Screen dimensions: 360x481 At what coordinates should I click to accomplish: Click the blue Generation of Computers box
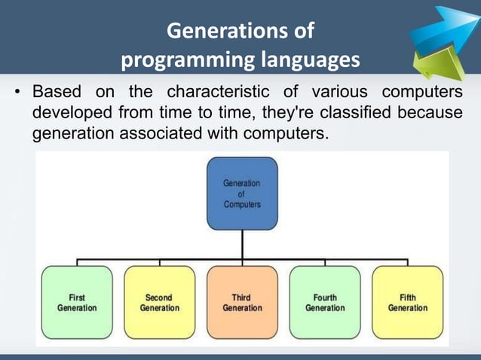tap(242, 194)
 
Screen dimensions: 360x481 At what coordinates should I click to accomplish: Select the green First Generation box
tap(76, 302)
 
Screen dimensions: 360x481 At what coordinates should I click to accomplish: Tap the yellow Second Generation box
tap(159, 302)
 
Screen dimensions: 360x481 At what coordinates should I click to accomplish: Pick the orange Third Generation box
tap(242, 302)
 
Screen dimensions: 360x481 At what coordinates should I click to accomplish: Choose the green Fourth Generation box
tap(325, 302)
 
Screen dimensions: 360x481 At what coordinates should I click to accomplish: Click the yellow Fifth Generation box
tap(407, 302)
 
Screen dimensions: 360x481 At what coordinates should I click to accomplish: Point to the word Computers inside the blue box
tap(242, 204)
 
